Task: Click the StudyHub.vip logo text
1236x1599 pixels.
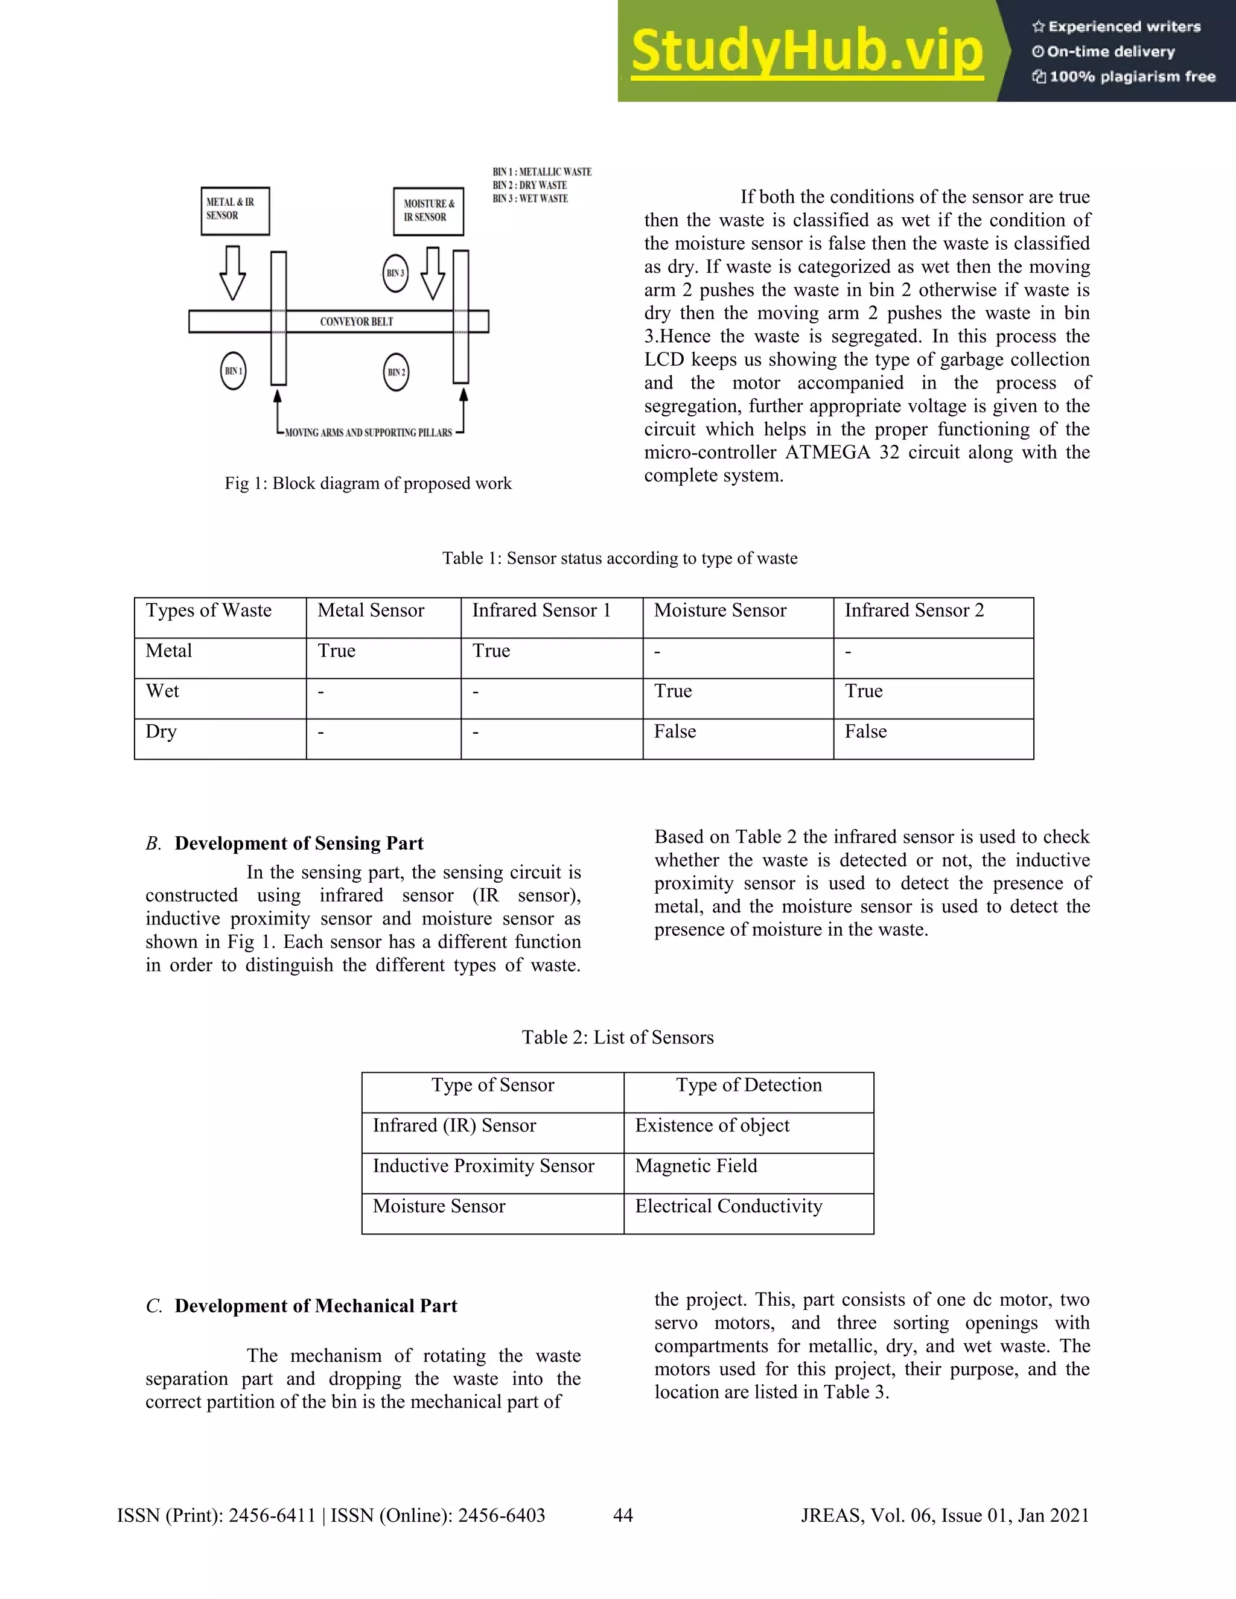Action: [806, 51]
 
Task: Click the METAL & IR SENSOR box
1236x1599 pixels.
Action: [235, 211]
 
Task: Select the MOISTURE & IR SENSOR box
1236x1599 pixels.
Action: [428, 212]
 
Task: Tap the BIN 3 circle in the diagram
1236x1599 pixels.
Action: [395, 273]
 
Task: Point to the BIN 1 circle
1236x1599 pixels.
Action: [233, 371]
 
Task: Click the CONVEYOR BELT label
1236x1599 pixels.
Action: [357, 322]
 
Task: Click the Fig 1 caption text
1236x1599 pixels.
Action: [368, 483]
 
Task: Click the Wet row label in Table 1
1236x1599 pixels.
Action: [162, 691]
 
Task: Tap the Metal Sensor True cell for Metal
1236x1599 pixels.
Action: [336, 651]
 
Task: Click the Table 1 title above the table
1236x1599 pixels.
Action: [619, 559]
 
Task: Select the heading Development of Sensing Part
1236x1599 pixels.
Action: [299, 844]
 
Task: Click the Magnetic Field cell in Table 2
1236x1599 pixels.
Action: [696, 1166]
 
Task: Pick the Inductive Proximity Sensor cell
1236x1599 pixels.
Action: [483, 1166]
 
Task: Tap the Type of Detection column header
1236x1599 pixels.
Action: [748, 1085]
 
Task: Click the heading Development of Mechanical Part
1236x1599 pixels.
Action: [316, 1306]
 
